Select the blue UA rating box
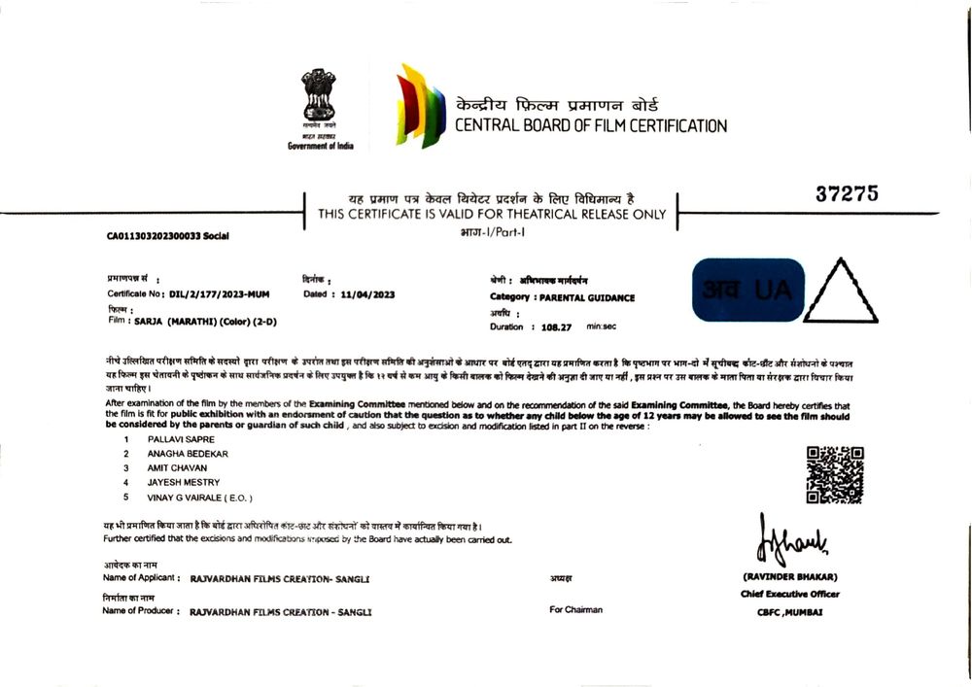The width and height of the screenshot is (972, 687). click(747, 290)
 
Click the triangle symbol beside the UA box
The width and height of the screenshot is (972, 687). click(841, 292)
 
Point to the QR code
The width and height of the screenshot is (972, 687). click(835, 474)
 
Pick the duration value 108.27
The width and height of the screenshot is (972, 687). click(558, 327)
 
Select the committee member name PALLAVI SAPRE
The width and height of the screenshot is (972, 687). click(175, 439)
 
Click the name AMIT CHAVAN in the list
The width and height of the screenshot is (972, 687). click(177, 467)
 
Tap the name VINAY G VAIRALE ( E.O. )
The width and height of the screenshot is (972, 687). click(199, 497)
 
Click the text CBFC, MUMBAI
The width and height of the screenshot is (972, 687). click(789, 612)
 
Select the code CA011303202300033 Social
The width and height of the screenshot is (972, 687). click(168, 235)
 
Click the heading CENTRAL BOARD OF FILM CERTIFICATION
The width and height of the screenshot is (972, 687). click(591, 125)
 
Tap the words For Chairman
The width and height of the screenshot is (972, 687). click(575, 610)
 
